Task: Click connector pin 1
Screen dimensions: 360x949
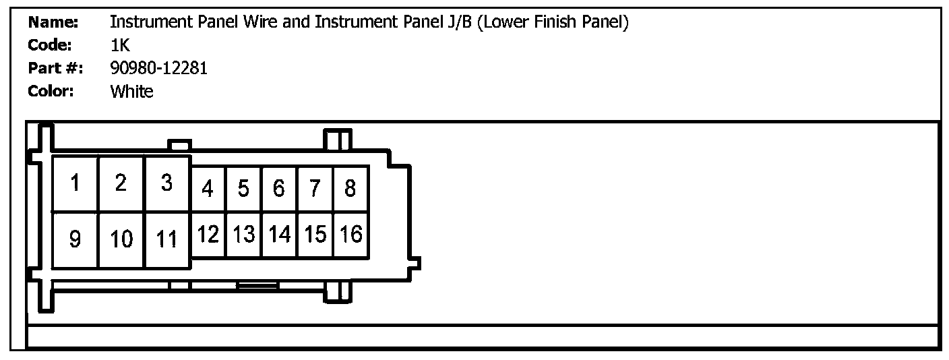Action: pos(75,183)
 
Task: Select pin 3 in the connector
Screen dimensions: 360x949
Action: pos(167,183)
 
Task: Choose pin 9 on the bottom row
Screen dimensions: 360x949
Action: pos(75,239)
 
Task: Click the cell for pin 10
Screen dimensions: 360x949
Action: pos(121,239)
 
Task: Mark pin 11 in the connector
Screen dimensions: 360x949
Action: pos(167,239)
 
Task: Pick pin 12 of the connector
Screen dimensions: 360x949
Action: pos(208,235)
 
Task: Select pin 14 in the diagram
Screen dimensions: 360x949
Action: pos(279,235)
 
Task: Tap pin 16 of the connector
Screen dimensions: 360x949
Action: pos(350,235)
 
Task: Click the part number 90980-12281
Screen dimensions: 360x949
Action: pos(158,68)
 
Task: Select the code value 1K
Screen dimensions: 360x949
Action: pos(119,46)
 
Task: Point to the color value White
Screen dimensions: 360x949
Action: pos(131,92)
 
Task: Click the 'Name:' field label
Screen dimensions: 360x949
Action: pos(53,23)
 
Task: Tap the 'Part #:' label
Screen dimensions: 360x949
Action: pos(55,68)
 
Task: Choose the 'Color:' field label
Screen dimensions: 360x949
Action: pos(51,92)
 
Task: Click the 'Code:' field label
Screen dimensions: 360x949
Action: pos(50,46)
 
